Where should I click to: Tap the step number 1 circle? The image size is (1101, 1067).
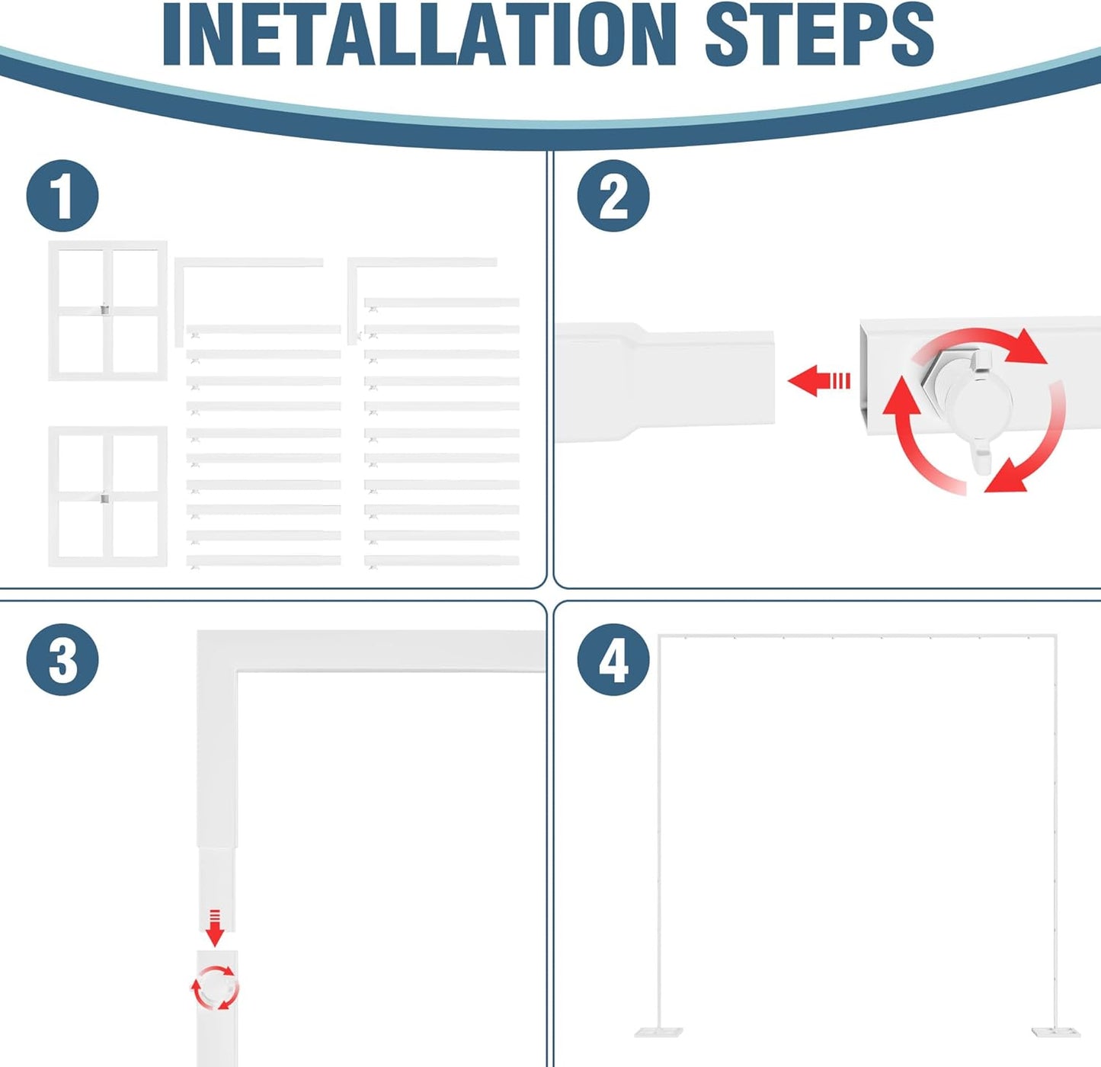[x=62, y=196]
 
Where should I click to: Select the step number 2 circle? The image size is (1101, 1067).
[x=613, y=196]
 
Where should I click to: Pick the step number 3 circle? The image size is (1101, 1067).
[x=62, y=659]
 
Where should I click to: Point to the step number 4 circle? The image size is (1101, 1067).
[x=613, y=659]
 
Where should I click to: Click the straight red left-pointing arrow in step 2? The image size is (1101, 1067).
[x=818, y=380]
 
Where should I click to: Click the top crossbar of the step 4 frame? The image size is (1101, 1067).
[x=857, y=636]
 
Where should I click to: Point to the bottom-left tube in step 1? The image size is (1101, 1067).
[x=264, y=560]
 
